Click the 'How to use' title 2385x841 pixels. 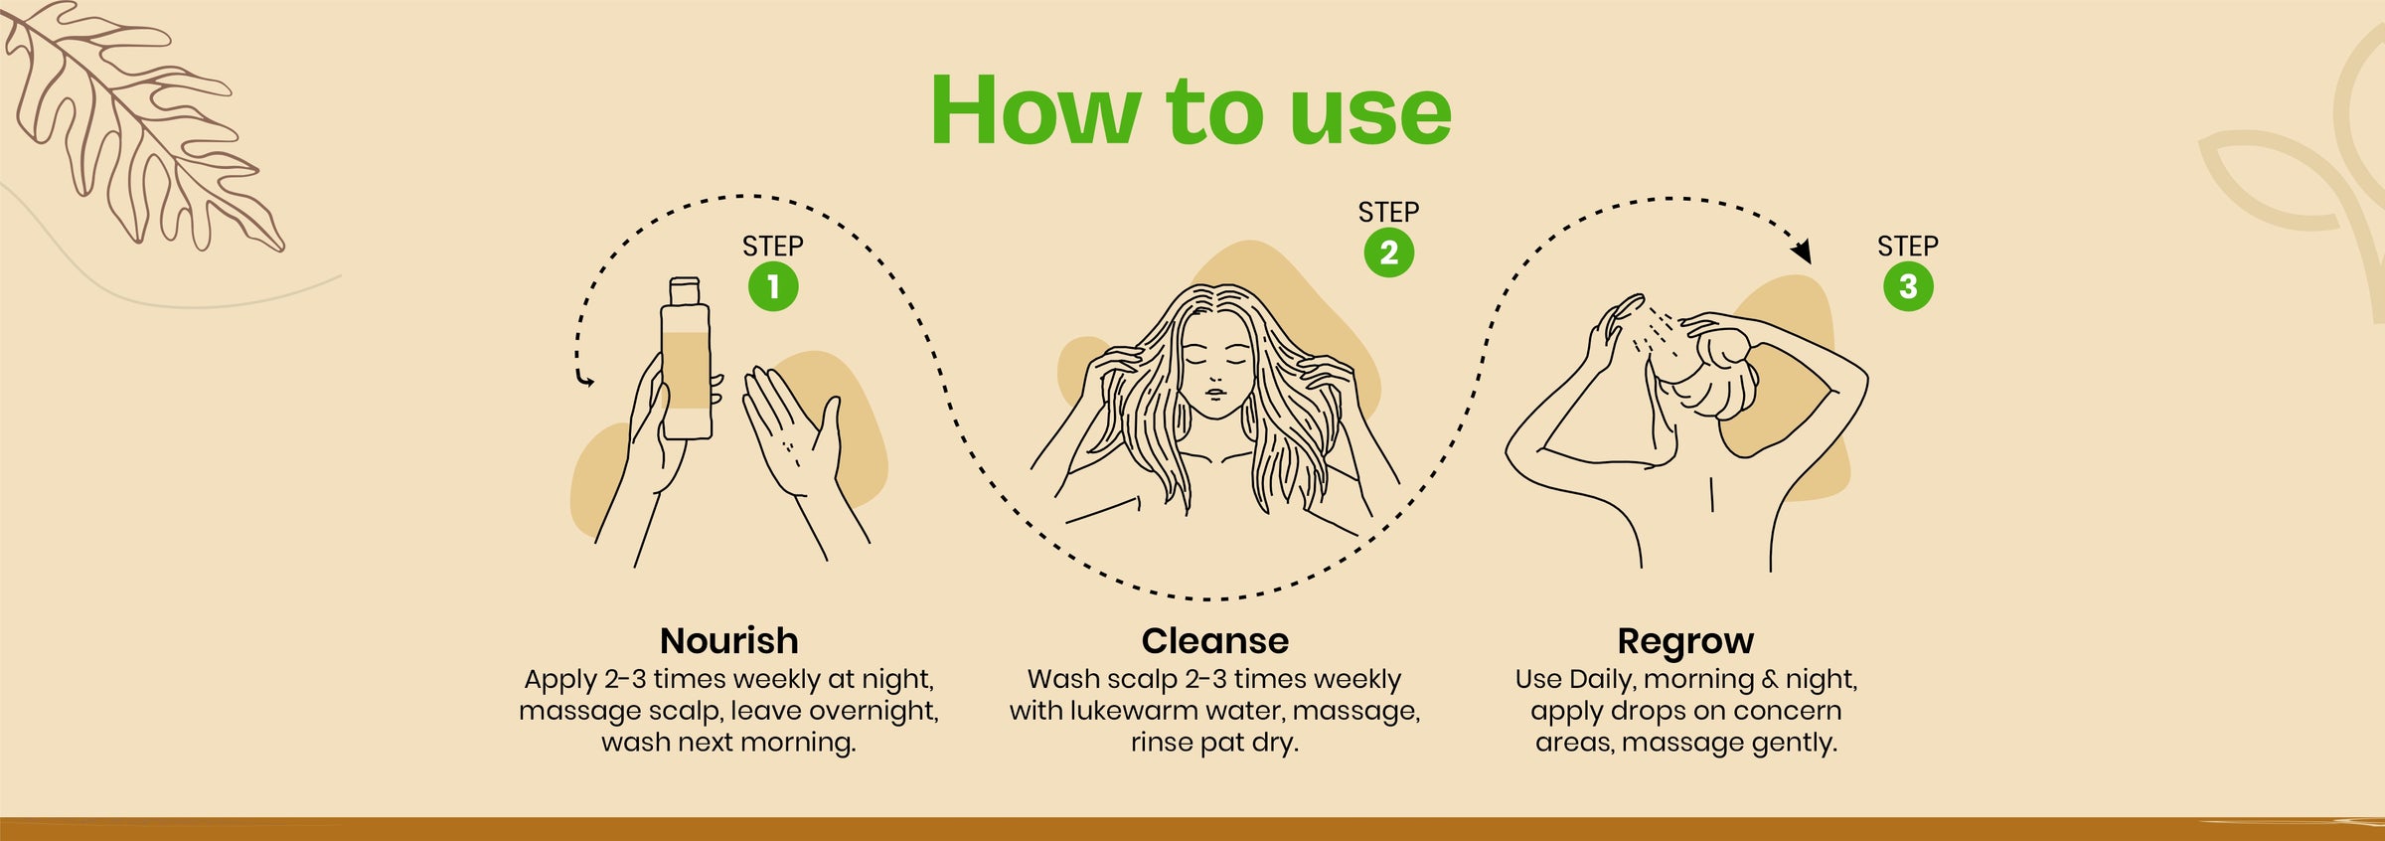(1191, 110)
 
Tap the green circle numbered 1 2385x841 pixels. (773, 287)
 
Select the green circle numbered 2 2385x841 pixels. (1388, 252)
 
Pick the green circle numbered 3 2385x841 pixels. (1908, 286)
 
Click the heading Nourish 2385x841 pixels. (728, 641)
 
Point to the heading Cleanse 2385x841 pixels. (1214, 641)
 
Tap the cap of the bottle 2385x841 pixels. (685, 290)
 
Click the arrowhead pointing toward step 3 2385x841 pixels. (1801, 251)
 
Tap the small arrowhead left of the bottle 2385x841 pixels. (585, 380)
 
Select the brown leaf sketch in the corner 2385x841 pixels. (139, 124)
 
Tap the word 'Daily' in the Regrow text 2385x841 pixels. (1605, 681)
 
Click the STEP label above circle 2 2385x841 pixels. (1388, 212)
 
